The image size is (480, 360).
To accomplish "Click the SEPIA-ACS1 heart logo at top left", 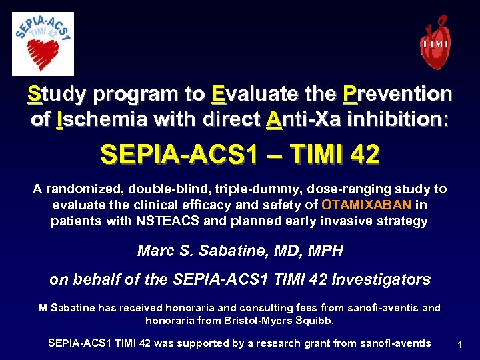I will pyautogui.click(x=43, y=43).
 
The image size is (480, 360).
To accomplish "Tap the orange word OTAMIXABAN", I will pyautogui.click(x=367, y=205).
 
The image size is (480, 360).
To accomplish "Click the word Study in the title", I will pyautogui.click(x=57, y=95).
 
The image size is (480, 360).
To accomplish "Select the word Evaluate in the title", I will pyautogui.click(x=253, y=95).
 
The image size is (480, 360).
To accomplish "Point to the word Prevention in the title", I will pyautogui.click(x=397, y=95).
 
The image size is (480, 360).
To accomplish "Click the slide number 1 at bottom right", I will pyautogui.click(x=459, y=345).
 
